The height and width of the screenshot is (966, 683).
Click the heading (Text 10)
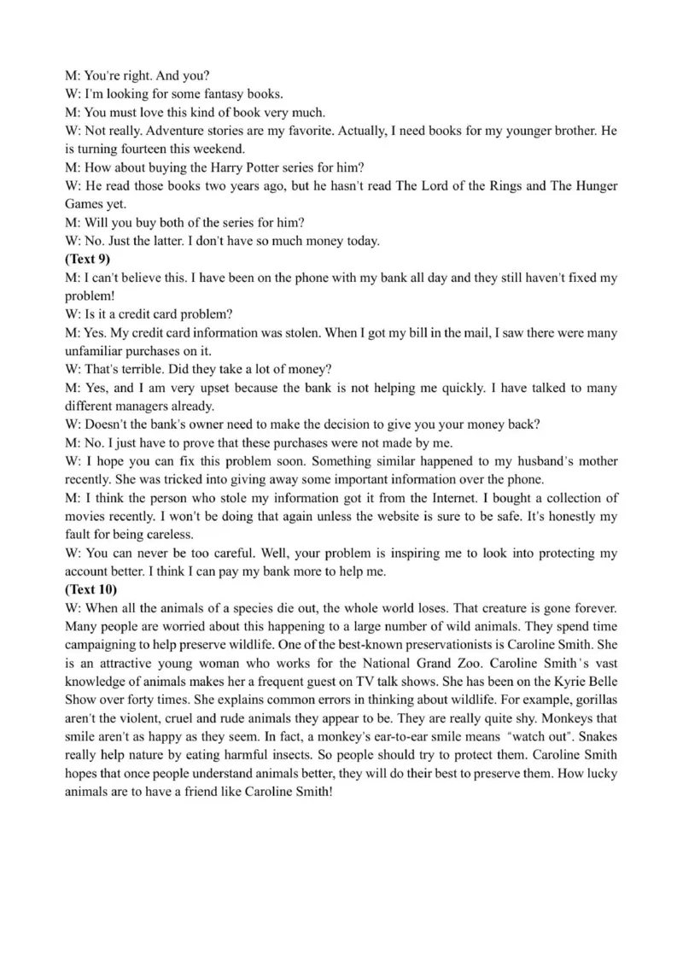coord(91,589)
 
